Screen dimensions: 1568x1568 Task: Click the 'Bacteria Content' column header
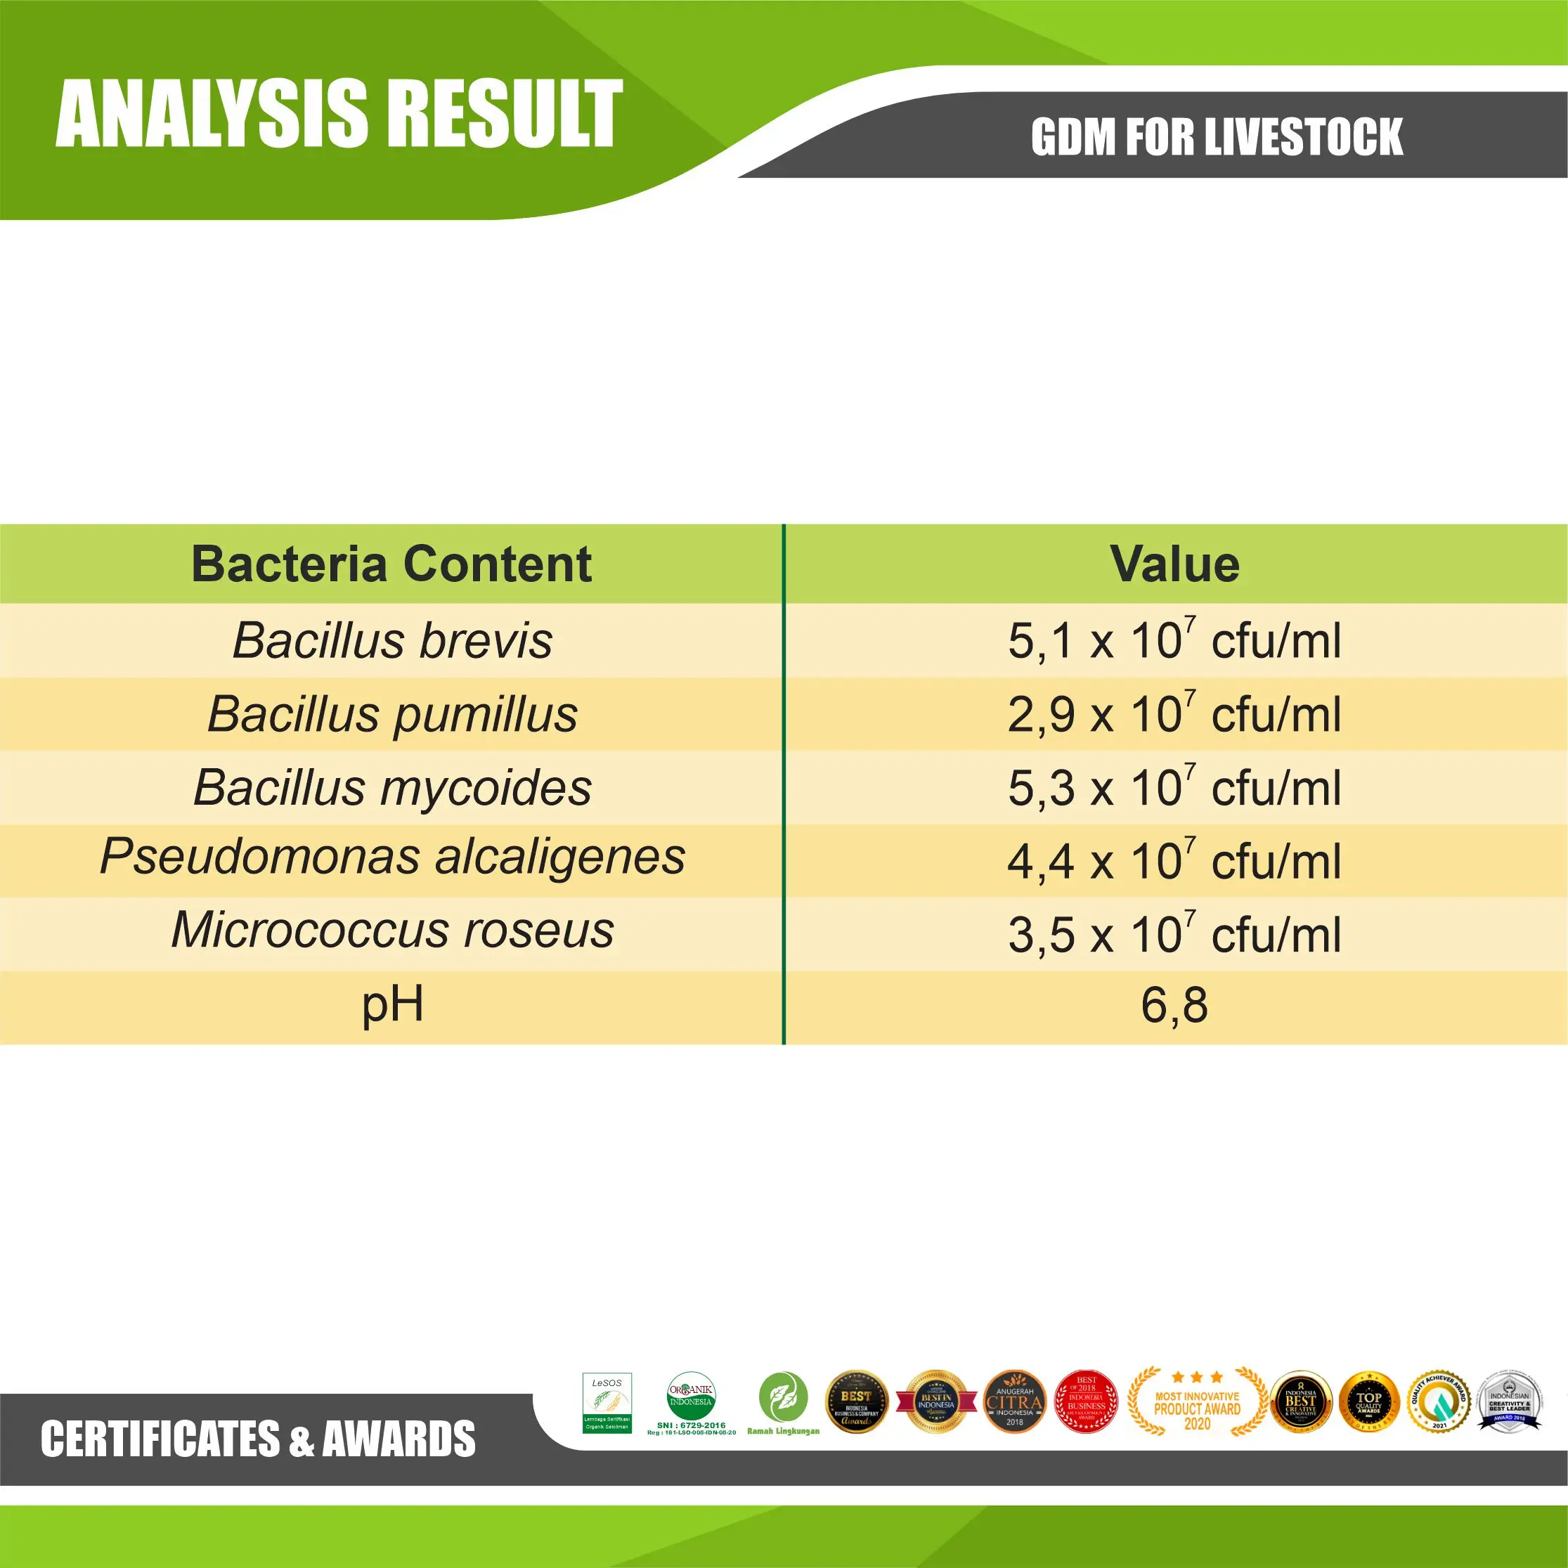(x=391, y=564)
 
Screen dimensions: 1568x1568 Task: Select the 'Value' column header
(x=1174, y=564)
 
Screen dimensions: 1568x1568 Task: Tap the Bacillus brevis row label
(x=392, y=640)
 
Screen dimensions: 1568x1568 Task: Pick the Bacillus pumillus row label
(x=392, y=714)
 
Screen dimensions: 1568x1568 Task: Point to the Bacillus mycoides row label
(x=392, y=787)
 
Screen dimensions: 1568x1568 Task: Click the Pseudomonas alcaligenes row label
(x=392, y=857)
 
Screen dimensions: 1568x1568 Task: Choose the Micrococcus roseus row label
(x=392, y=930)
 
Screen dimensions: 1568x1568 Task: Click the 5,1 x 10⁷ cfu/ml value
(x=1174, y=640)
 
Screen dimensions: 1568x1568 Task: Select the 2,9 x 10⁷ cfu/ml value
(x=1174, y=714)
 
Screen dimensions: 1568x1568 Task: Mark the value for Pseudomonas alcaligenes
(x=1174, y=860)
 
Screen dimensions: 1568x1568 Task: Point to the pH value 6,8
(x=1174, y=1005)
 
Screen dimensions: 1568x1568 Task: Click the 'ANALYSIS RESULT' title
(x=339, y=114)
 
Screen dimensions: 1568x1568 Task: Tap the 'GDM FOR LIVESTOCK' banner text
(x=1217, y=136)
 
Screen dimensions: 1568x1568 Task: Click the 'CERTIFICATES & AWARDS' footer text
(x=258, y=1439)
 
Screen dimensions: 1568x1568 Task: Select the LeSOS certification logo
(x=607, y=1402)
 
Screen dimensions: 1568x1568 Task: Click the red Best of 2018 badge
(x=1086, y=1401)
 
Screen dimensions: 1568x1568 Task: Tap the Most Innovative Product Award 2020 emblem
(x=1197, y=1402)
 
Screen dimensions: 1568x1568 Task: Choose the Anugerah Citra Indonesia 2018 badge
(x=1014, y=1401)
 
